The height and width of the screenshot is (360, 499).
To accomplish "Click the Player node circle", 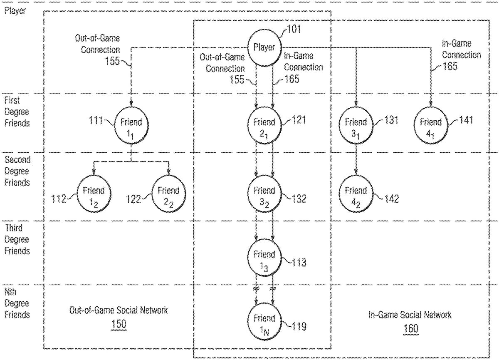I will pyautogui.click(x=264, y=48).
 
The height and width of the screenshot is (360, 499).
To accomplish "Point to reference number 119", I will pyautogui.click(x=298, y=326).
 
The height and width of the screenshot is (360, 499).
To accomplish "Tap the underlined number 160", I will pyautogui.click(x=410, y=328).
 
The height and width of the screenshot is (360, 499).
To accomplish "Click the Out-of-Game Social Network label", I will pyautogui.click(x=119, y=310).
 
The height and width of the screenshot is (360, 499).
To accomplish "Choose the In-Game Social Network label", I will pyautogui.click(x=410, y=315).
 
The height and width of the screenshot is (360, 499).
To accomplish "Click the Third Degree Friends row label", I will pyautogui.click(x=17, y=239).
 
